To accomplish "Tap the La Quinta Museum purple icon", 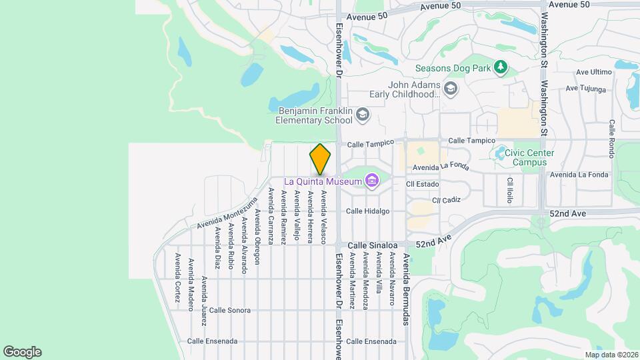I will (x=372, y=181).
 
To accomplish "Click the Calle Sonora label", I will (x=229, y=311).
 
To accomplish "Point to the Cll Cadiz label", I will (x=447, y=199).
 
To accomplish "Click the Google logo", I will (x=22, y=352).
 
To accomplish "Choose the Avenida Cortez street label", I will (x=177, y=277).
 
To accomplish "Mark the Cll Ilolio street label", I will (x=510, y=190).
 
